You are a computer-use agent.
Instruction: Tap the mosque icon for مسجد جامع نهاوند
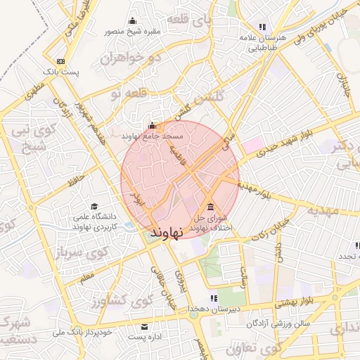152,126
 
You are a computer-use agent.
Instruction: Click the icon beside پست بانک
61,61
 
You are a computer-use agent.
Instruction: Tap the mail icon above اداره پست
145,327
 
